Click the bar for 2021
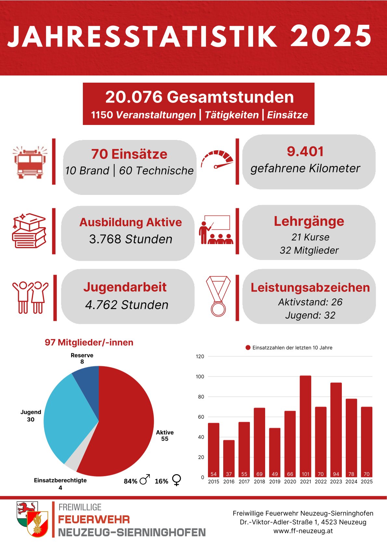coord(305,423)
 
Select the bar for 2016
coord(229,456)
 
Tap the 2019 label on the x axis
coord(275,482)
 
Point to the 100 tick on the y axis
coord(200,377)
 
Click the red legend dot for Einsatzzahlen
coord(248,348)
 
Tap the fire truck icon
coord(30,162)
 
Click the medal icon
coord(218,296)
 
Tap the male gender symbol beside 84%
coord(145,480)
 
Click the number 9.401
coord(305,152)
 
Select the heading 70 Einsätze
coord(129,154)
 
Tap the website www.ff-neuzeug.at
coord(303,531)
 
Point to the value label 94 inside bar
coord(336,474)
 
